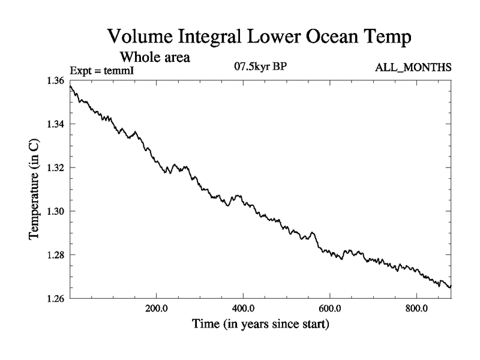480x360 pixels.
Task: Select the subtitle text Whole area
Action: pyautogui.click(x=155, y=58)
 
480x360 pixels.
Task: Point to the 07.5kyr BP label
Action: pyautogui.click(x=260, y=67)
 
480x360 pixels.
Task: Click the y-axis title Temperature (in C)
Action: pyautogui.click(x=35, y=190)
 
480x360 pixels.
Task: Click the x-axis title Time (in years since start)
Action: pyautogui.click(x=260, y=325)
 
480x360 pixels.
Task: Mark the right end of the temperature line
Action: pyautogui.click(x=451, y=287)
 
